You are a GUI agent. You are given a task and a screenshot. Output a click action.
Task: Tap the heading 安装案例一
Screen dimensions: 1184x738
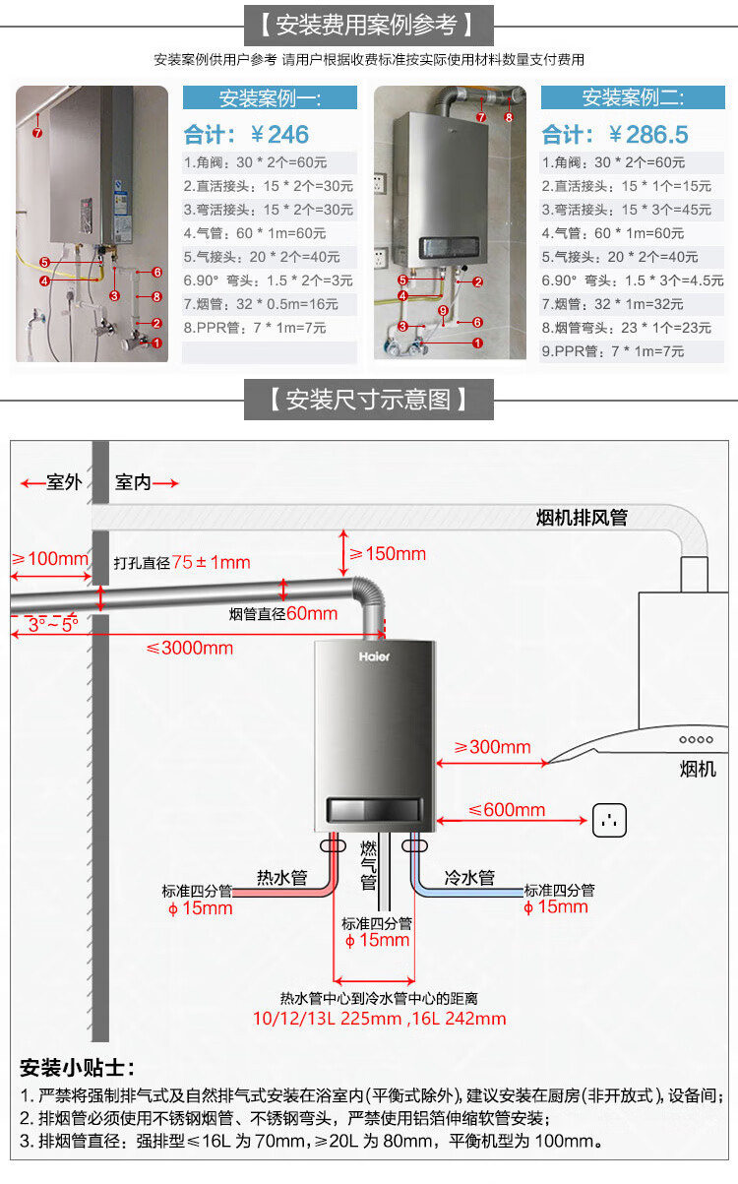270,97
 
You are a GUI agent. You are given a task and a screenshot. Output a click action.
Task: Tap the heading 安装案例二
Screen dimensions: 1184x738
632,97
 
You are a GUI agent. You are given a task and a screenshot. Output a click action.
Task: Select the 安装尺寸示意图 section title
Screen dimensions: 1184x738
369,400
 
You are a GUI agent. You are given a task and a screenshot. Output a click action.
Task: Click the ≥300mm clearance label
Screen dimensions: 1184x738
492,747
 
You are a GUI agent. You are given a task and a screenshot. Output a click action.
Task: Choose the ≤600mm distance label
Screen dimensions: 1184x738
506,810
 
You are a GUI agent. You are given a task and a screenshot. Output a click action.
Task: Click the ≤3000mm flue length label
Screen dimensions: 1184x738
190,647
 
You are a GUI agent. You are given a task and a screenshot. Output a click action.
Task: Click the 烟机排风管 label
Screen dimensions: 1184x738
582,518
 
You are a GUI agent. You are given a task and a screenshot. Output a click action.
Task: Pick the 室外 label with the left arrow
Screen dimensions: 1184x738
55,483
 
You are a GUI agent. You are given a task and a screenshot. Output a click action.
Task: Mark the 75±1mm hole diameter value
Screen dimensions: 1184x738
212,563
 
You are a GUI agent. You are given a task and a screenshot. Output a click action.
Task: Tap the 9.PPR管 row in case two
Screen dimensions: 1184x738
625,351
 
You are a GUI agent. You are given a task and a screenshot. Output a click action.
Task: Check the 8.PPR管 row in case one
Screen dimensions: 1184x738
254,328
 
